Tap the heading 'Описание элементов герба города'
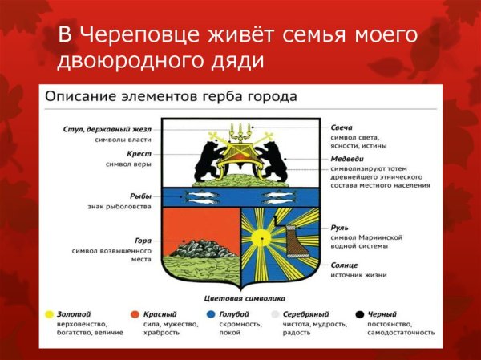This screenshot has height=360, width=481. point(171,96)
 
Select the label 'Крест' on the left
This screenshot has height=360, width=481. point(139,152)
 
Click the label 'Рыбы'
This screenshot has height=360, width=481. point(140,196)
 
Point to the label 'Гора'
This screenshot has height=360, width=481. point(142,239)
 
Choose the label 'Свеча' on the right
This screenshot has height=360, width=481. point(342,127)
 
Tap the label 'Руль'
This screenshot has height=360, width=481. point(339,228)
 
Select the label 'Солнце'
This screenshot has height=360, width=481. point(345,265)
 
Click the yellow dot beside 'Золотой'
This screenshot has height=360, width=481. point(50,314)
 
